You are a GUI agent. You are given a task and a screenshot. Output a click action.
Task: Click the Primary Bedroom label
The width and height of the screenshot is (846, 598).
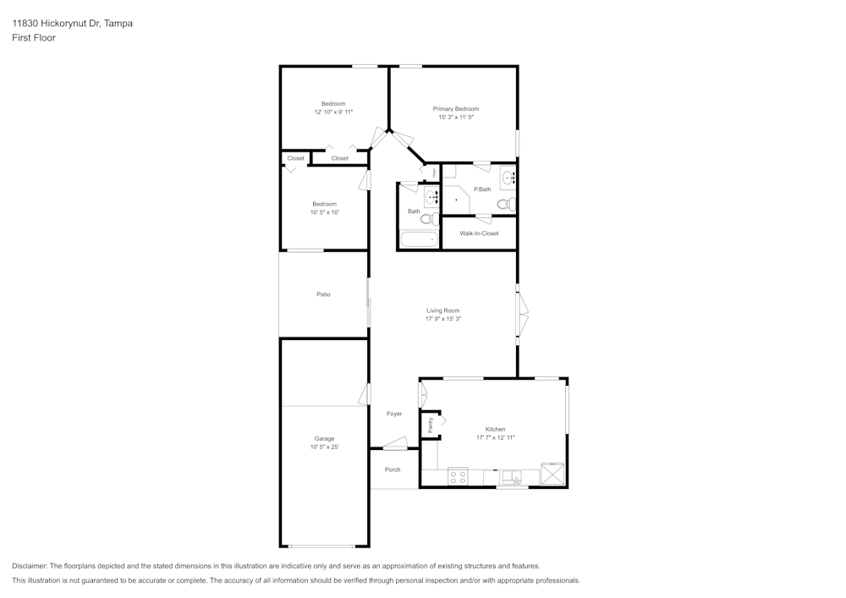tap(456, 109)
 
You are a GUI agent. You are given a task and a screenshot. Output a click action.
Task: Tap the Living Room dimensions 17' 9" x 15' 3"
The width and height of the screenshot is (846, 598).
tap(443, 319)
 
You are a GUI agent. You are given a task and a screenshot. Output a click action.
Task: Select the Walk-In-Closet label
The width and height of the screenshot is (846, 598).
tap(479, 233)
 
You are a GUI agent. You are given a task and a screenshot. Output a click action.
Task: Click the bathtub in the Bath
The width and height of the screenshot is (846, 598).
tap(419, 240)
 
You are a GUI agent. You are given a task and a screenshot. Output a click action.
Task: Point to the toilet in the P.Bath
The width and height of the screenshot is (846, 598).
tap(506, 205)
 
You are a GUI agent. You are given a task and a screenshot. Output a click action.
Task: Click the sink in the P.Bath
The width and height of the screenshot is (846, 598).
tap(508, 177)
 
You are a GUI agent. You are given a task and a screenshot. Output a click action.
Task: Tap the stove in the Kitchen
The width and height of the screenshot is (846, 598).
tap(459, 477)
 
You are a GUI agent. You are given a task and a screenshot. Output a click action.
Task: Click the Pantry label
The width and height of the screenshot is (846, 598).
tap(431, 425)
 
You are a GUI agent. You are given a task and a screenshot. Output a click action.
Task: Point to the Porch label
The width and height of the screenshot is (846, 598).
tap(393, 469)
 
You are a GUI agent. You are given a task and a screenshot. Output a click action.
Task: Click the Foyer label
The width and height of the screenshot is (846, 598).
tap(394, 414)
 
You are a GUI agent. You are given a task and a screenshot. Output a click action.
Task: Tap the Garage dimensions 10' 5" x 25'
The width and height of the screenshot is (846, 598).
tap(324, 447)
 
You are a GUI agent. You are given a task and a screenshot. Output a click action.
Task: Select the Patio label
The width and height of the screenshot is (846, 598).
tap(324, 294)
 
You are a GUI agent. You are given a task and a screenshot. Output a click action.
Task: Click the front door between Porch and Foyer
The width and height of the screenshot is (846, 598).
tap(395, 443)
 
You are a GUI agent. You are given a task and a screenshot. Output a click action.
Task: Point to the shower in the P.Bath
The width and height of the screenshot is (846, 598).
tap(456, 200)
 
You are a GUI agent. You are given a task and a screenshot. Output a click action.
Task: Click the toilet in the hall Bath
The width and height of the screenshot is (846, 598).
tap(430, 218)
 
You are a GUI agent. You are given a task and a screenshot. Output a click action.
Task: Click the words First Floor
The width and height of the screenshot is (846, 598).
tap(34, 38)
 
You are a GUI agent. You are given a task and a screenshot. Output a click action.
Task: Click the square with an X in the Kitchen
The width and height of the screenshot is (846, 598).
tap(553, 475)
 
